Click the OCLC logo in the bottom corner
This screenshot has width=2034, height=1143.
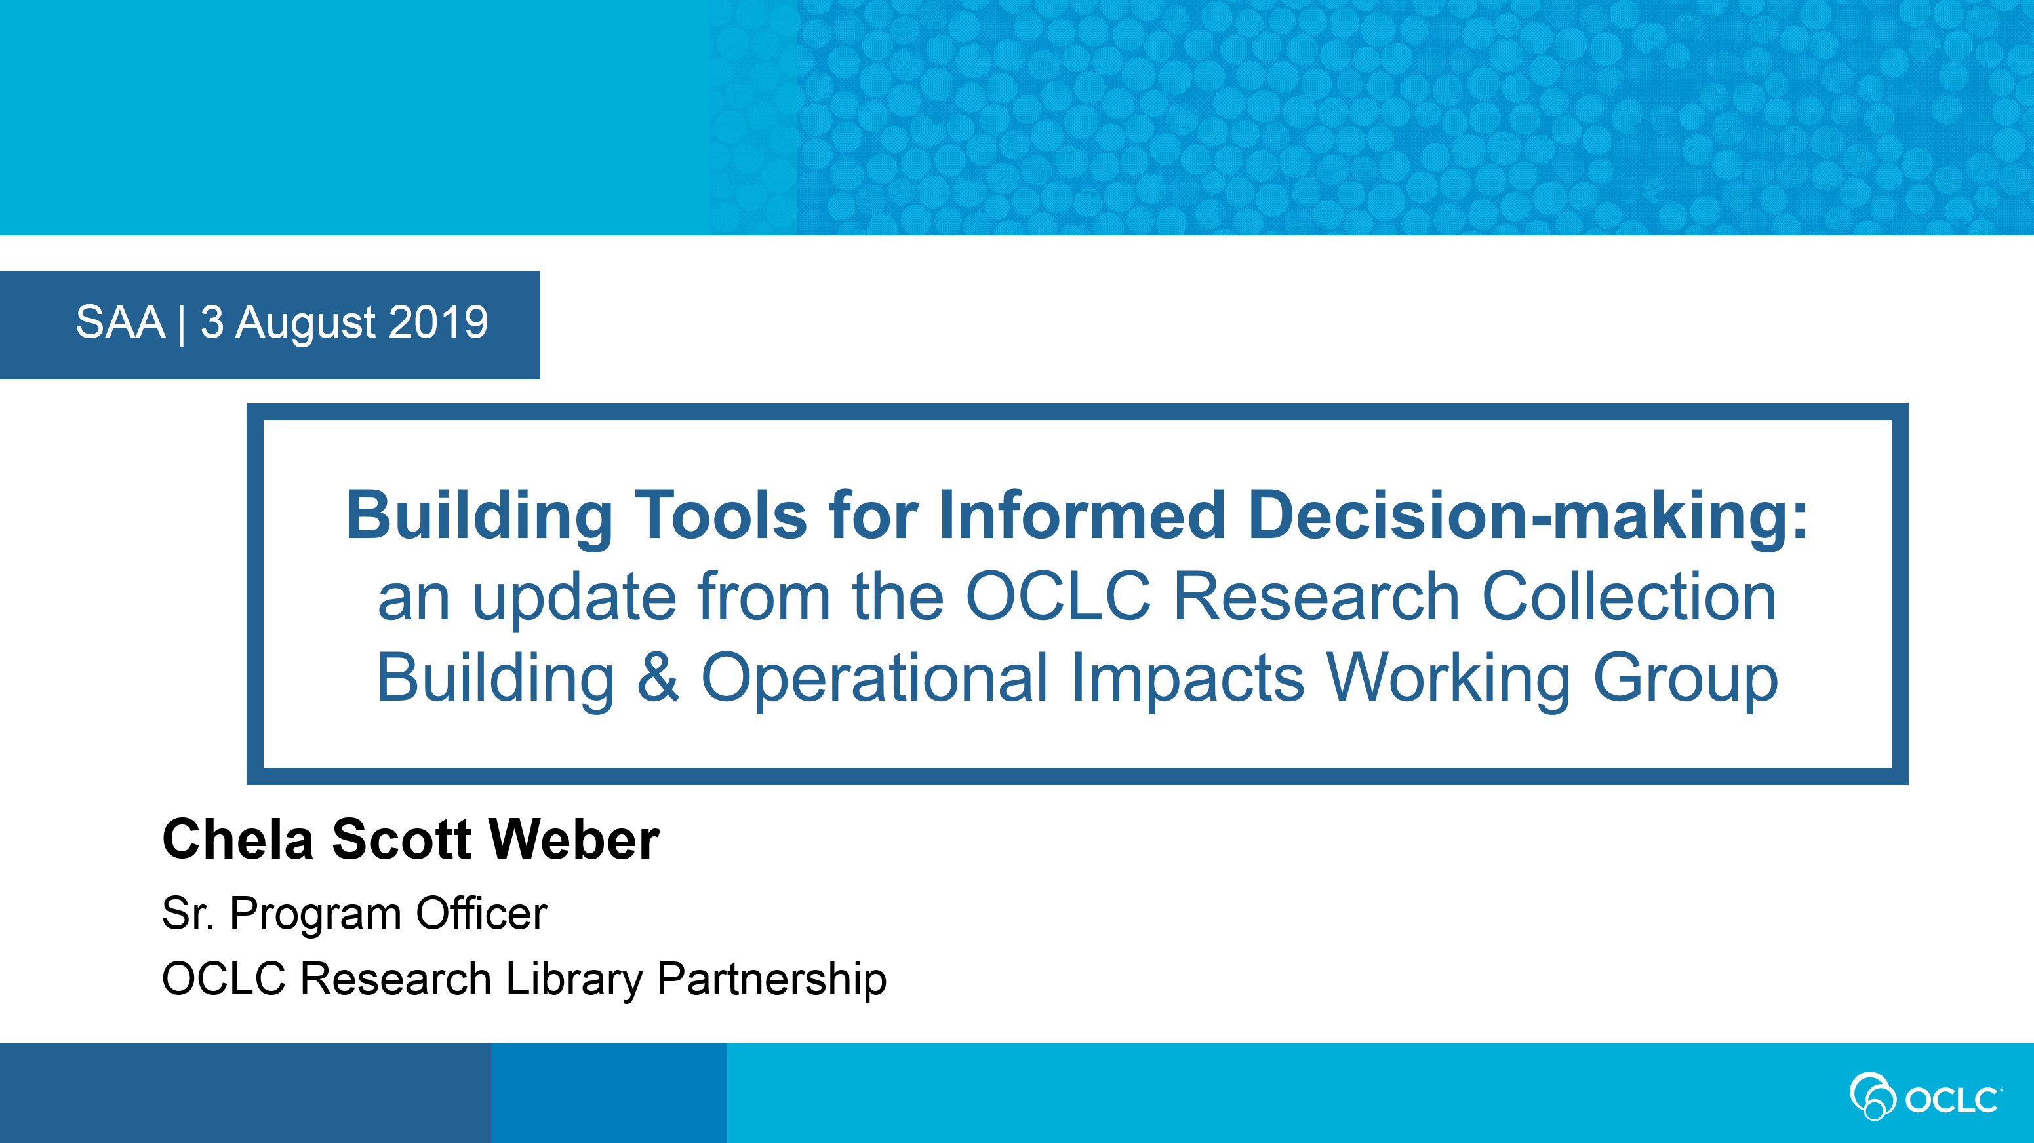click(1925, 1096)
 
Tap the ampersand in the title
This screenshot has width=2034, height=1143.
click(658, 677)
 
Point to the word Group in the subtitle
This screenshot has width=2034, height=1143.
click(1685, 679)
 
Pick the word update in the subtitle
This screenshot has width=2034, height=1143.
click(574, 598)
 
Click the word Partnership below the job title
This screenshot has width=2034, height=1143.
click(771, 980)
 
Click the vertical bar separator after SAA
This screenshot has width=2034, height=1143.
click(182, 324)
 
